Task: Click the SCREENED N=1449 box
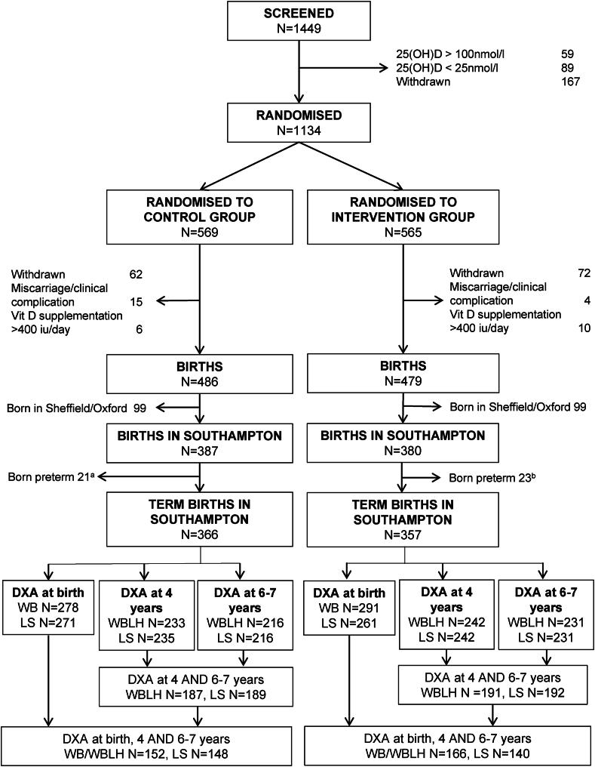(x=300, y=25)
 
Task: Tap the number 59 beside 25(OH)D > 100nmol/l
(x=567, y=54)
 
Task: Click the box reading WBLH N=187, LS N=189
(x=199, y=669)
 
